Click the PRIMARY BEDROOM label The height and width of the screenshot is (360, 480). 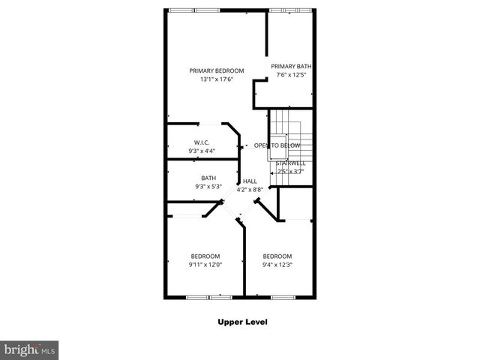(x=217, y=70)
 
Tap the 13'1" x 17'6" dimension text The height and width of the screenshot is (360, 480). (x=217, y=79)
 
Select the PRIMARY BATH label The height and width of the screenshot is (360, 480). (x=291, y=66)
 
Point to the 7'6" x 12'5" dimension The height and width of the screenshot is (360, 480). (x=291, y=75)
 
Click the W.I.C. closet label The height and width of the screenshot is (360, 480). (x=202, y=142)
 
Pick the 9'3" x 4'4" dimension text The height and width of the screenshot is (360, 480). (x=202, y=151)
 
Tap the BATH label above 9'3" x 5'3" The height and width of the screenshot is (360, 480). (x=208, y=178)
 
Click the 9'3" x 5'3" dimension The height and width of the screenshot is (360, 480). (x=208, y=187)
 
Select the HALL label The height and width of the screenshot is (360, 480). (x=250, y=181)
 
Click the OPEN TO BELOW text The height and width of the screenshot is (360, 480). (x=277, y=145)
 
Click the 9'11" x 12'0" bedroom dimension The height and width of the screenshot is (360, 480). (x=205, y=264)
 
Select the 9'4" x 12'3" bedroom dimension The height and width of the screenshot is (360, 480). (x=277, y=264)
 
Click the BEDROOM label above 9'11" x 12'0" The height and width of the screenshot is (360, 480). (x=205, y=256)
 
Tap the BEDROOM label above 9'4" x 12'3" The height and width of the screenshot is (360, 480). (x=277, y=256)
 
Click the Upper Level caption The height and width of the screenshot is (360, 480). (x=242, y=322)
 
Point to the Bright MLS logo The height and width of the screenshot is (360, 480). (x=29, y=349)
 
